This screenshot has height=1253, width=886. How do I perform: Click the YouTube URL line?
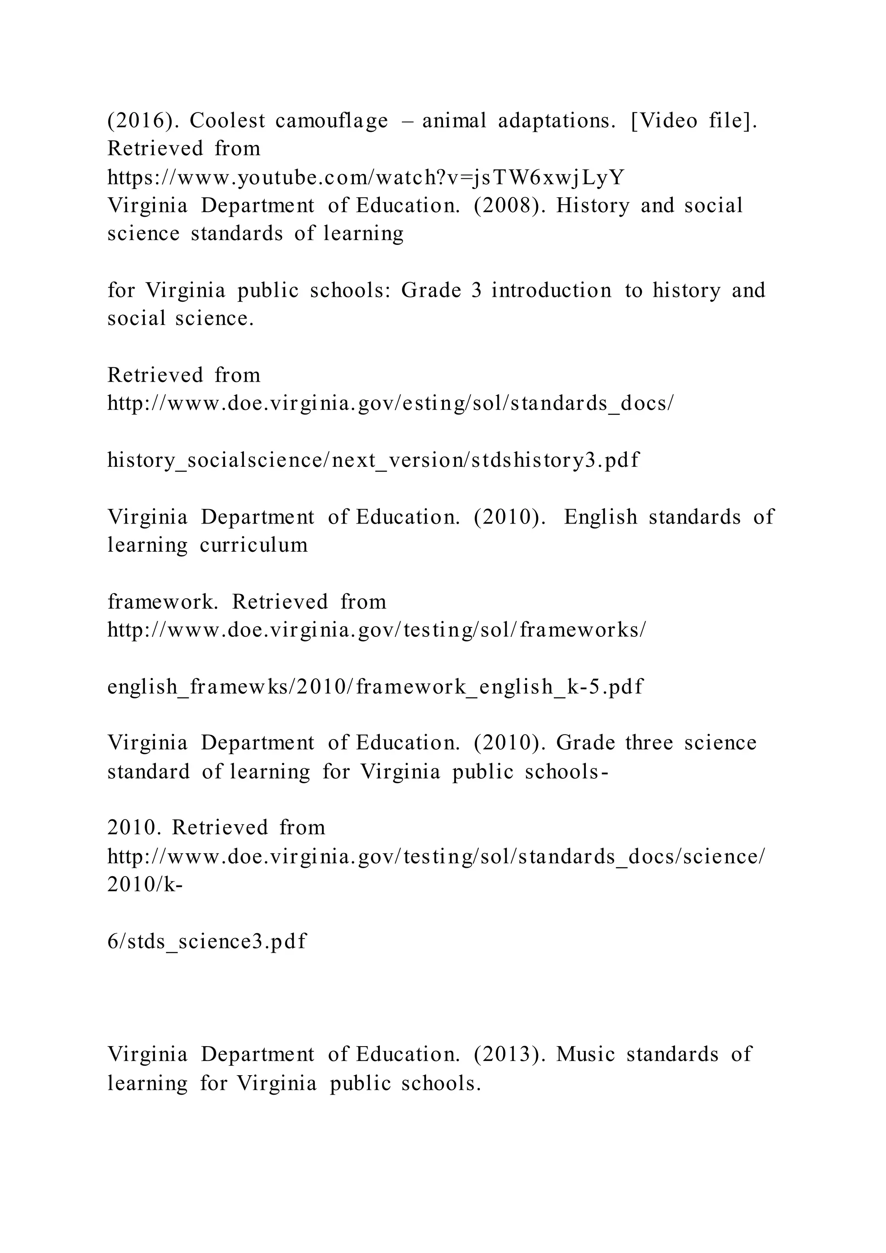pos(366,177)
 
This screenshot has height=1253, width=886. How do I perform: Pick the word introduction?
pos(552,290)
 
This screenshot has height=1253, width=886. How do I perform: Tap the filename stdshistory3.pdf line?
pos(373,460)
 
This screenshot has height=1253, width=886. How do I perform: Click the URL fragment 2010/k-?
pos(144,885)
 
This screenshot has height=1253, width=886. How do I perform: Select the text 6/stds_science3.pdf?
pos(207,941)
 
